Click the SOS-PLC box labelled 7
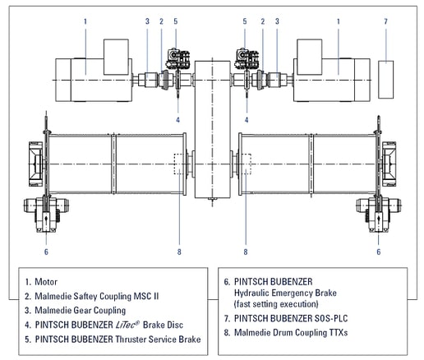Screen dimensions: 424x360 click(386, 80)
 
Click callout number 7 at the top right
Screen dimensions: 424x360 click(385, 21)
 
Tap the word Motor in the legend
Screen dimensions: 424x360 click(46, 282)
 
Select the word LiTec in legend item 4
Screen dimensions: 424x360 click(127, 325)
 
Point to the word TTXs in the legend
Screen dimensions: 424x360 click(338, 333)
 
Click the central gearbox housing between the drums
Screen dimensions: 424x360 click(212, 129)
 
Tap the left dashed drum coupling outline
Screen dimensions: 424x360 click(180, 164)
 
